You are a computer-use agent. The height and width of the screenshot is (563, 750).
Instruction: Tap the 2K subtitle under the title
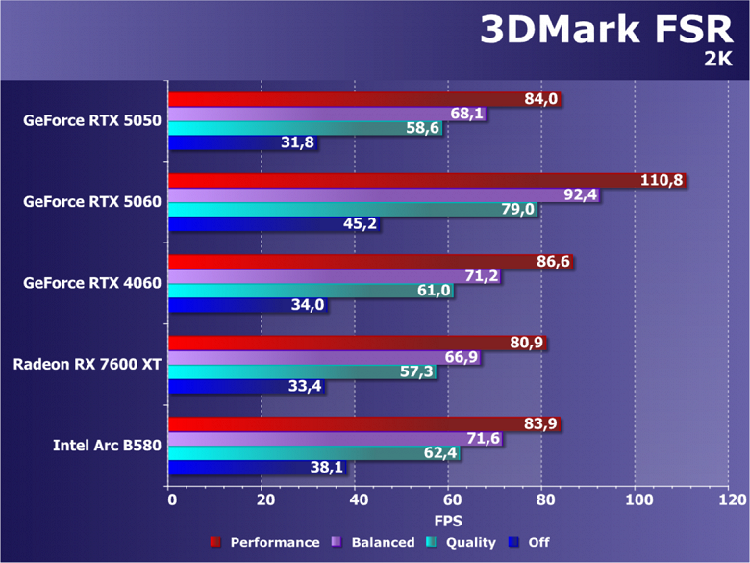(718, 60)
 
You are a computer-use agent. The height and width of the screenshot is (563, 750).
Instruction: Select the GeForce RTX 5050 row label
(92, 121)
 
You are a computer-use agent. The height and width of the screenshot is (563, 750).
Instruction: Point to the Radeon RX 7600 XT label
(87, 365)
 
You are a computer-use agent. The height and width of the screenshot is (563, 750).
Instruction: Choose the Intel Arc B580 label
(107, 446)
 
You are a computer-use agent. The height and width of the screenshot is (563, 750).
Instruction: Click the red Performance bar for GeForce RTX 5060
(404, 180)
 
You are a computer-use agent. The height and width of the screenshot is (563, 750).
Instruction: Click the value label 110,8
(662, 180)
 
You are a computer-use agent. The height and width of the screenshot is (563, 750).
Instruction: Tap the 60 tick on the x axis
(450, 500)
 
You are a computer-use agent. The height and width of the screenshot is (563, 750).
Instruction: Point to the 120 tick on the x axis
(731, 500)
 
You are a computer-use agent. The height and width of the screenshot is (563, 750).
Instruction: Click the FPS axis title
(450, 521)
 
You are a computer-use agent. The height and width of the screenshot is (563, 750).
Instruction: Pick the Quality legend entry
(464, 542)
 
